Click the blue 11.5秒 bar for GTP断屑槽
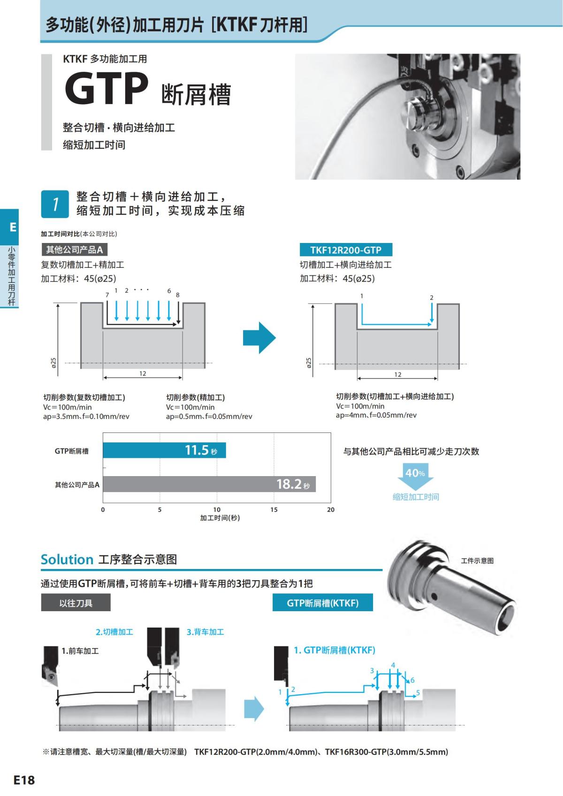pyautogui.click(x=164, y=450)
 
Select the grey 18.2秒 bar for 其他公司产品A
pyautogui.click(x=209, y=484)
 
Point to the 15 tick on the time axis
pyautogui.click(x=274, y=510)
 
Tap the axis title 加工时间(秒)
pyautogui.click(x=220, y=518)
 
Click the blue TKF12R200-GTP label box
pyautogui.click(x=346, y=250)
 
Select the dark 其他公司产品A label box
pyautogui.click(x=74, y=250)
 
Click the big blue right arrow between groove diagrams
pyautogui.click(x=259, y=337)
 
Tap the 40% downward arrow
pyautogui.click(x=415, y=475)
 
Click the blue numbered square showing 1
pyautogui.click(x=55, y=204)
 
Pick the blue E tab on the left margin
pyautogui.click(x=13, y=227)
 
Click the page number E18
pyautogui.click(x=24, y=780)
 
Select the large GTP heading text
pyautogui.click(x=107, y=89)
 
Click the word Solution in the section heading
pyautogui.click(x=67, y=560)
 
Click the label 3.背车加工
pyautogui.click(x=205, y=632)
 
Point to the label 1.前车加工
pyautogui.click(x=80, y=651)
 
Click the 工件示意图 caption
pyautogui.click(x=477, y=561)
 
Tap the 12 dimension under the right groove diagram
pyautogui.click(x=397, y=375)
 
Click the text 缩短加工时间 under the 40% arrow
pyautogui.click(x=416, y=497)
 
